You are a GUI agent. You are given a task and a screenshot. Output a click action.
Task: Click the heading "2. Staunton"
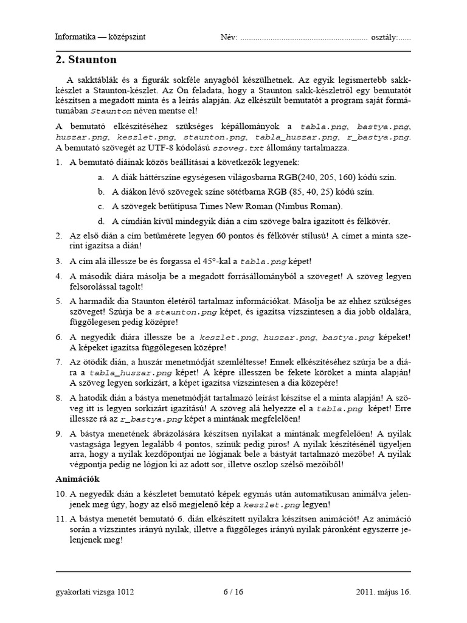point(86,60)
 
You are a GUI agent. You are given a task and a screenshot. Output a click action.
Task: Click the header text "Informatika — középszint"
point(100,37)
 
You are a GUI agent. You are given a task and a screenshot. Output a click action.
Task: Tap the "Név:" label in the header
point(229,37)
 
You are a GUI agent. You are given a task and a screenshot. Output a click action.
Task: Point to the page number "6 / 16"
point(233,591)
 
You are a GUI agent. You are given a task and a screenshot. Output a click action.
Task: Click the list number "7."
point(59,361)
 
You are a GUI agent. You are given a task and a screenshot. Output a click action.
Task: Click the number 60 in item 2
point(205,235)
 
